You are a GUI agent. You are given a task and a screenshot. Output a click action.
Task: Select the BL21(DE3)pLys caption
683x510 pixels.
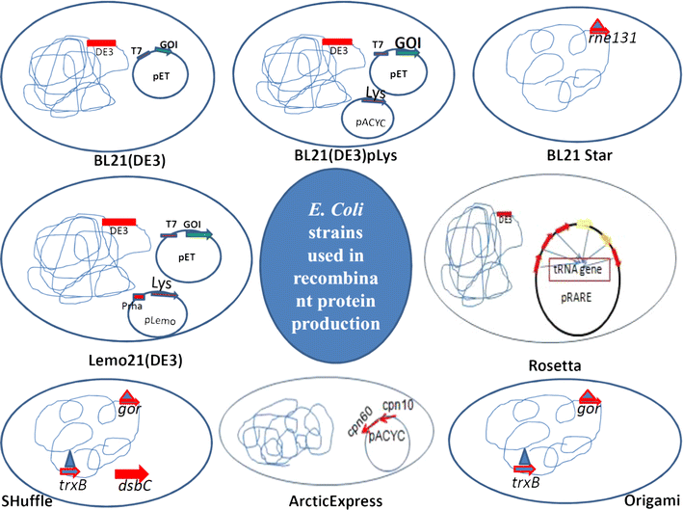point(340,157)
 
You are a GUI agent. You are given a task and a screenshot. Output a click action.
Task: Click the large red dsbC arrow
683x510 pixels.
point(132,471)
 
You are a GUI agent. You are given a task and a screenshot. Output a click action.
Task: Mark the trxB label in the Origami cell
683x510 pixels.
point(525,482)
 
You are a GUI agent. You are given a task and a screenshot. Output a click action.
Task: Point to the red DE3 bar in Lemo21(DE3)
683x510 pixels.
point(118,223)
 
